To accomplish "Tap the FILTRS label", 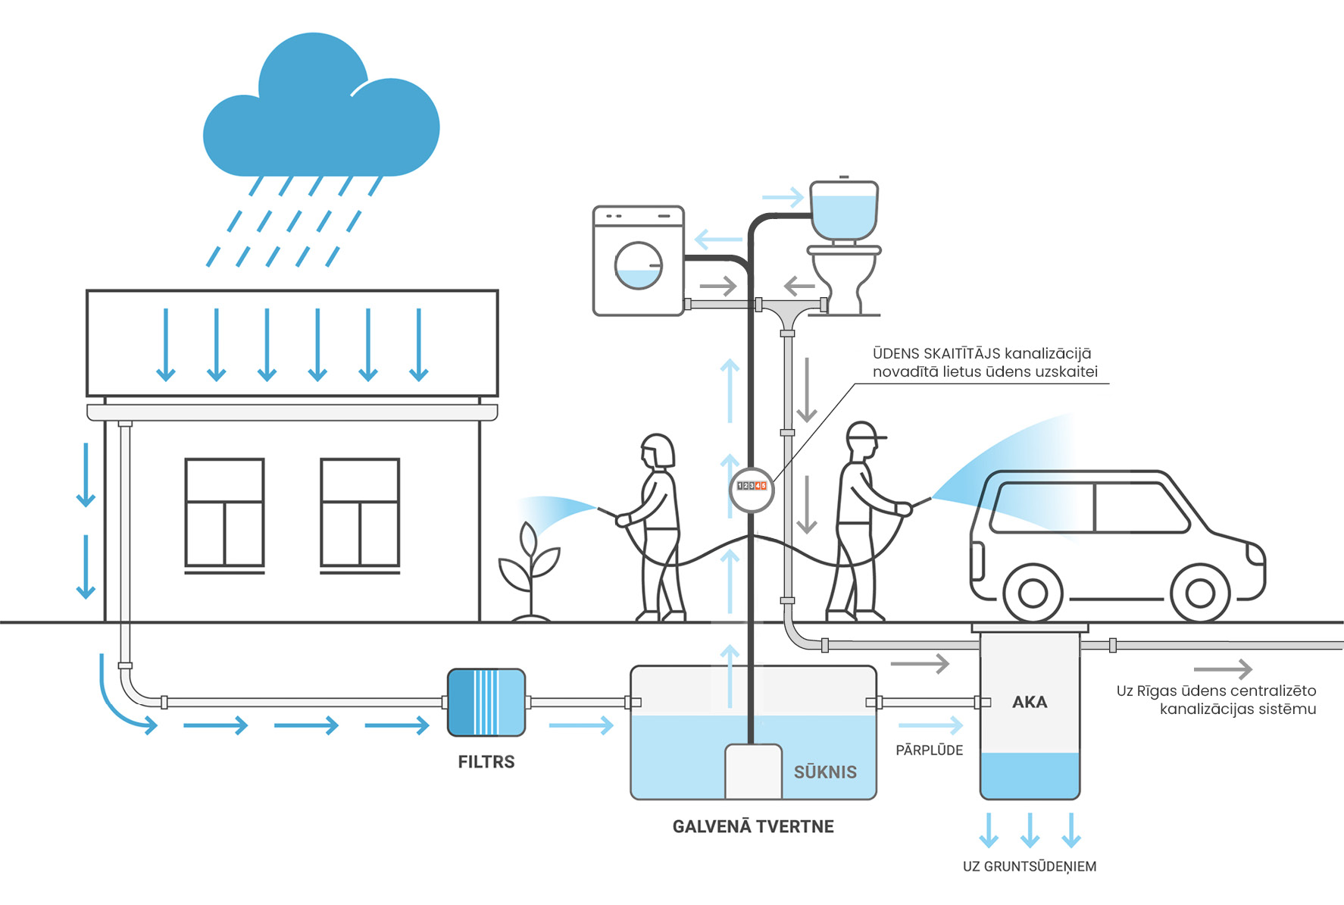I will click(x=486, y=762).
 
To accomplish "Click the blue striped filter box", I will click(x=486, y=703).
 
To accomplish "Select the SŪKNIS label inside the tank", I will click(x=825, y=772).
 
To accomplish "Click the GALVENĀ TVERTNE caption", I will click(x=753, y=826).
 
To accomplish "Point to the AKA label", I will click(x=1030, y=703).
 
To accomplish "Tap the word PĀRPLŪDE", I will click(x=929, y=750).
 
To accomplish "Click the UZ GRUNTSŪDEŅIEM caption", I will click(x=1029, y=866).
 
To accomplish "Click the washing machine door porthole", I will click(x=638, y=266).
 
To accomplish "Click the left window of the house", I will click(x=224, y=512).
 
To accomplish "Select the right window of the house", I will click(x=360, y=512).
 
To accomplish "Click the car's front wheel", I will click(x=1200, y=593).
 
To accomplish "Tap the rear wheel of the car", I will click(x=1033, y=593).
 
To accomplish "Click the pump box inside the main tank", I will click(x=753, y=771).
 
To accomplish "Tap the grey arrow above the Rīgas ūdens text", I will click(x=1222, y=669).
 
